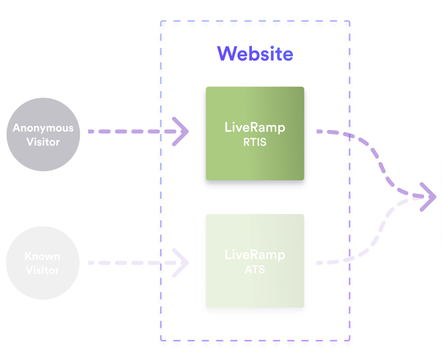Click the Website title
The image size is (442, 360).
tap(255, 54)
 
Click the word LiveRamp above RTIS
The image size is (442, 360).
tap(255, 127)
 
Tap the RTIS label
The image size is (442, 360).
tap(255, 142)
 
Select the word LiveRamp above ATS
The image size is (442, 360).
tap(255, 255)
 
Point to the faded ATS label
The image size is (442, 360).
tap(255, 269)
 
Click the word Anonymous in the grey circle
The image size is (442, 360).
tap(43, 128)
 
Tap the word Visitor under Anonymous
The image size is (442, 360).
tap(43, 142)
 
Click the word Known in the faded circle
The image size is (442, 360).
tap(42, 256)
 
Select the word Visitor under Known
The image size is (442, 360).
tap(42, 270)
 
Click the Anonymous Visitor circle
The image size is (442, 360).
tap(43, 156)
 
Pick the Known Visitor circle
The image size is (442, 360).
tap(42, 285)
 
